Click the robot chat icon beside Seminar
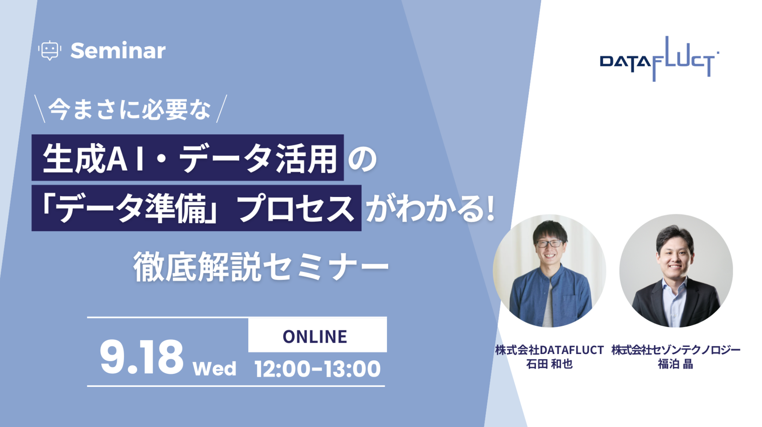pos(49,51)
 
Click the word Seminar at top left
pos(118,51)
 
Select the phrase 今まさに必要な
pos(130,109)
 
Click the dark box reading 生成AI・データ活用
pos(187,157)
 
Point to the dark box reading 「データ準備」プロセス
pos(196,208)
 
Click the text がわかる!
pos(430,208)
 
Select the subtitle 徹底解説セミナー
pos(261,266)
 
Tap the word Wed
pos(214,369)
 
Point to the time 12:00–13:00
pos(317,369)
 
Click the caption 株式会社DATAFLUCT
pos(549,350)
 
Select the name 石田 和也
pos(549,364)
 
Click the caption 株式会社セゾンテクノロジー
pos(676,350)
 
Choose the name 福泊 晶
pos(675,364)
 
